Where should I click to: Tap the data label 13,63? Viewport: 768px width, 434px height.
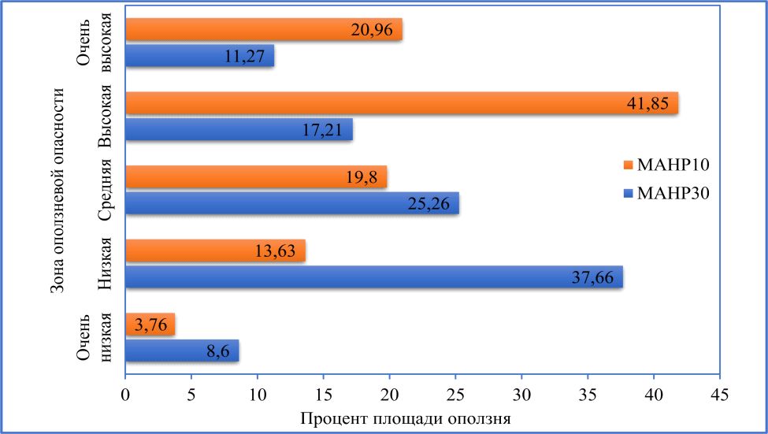pos(276,251)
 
